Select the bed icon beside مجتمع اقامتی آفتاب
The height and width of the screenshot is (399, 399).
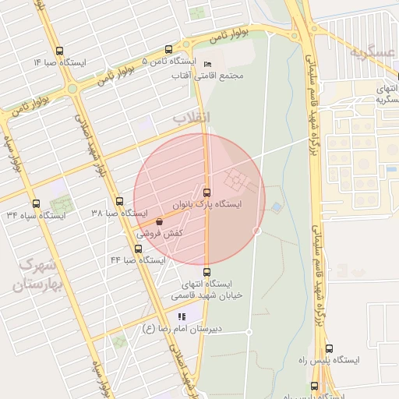coord(207,63)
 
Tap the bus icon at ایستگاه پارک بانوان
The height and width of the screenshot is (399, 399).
coord(207,192)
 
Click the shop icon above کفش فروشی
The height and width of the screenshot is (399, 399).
coord(159,221)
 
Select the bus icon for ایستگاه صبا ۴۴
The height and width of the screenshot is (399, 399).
coord(139,249)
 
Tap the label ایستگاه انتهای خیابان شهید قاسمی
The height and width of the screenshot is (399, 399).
coord(211,289)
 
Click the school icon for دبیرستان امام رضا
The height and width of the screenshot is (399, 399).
coord(182,316)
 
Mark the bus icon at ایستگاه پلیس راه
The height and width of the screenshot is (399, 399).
coord(329,349)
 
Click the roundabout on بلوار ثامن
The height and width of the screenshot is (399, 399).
coord(72,88)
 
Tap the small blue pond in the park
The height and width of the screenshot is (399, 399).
coord(277,207)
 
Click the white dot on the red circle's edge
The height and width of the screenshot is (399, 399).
coord(257,231)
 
